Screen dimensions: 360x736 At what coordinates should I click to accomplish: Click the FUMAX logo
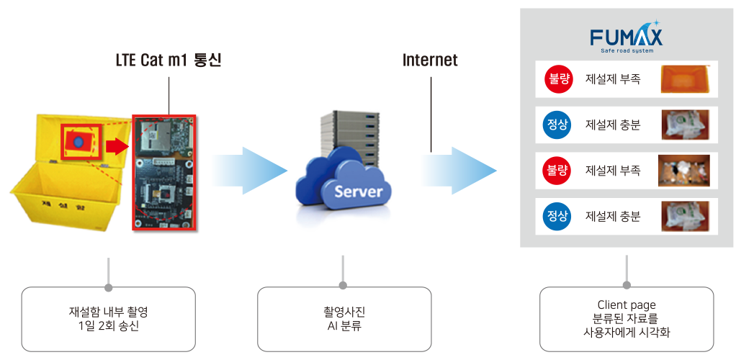[x=626, y=37]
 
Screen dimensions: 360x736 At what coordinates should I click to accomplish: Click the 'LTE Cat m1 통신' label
[x=169, y=60]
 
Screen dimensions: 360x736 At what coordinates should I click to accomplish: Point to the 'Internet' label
[x=430, y=60]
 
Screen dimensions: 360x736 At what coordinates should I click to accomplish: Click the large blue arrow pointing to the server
[x=248, y=171]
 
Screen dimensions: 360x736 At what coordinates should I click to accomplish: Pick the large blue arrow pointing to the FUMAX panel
[x=458, y=171]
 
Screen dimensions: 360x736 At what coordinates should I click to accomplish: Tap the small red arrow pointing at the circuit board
[x=115, y=146]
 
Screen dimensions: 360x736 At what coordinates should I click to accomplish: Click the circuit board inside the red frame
[x=163, y=172]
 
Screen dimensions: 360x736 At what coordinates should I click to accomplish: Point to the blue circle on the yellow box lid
[x=78, y=141]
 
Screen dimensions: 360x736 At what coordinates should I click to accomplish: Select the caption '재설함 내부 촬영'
[x=108, y=312]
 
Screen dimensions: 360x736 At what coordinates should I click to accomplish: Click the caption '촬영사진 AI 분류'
[x=343, y=318]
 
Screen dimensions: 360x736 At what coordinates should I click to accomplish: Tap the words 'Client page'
[x=626, y=305]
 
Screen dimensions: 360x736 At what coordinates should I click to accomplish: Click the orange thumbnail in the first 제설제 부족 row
[x=688, y=78]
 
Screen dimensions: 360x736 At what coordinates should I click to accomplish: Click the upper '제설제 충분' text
[x=613, y=125]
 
